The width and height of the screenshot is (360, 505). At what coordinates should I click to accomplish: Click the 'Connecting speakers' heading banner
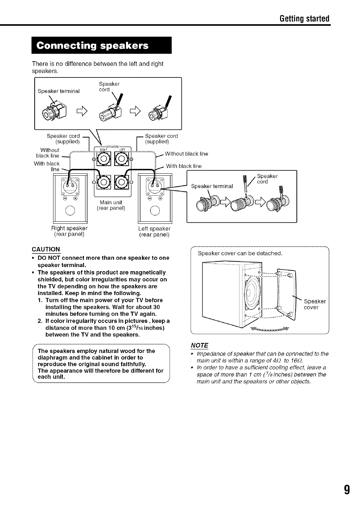pyautogui.click(x=101, y=46)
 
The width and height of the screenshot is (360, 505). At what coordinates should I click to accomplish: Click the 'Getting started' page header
pyautogui.click(x=304, y=18)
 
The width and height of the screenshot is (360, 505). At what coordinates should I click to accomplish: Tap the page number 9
pyautogui.click(x=346, y=490)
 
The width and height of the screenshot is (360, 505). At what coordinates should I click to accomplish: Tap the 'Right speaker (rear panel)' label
pyautogui.click(x=69, y=231)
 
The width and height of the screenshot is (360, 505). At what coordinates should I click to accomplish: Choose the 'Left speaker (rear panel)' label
pyautogui.click(x=154, y=232)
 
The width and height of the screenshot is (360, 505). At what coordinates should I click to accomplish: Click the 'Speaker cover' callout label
pyautogui.click(x=314, y=304)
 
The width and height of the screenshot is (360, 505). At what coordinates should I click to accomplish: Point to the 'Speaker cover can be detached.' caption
pyautogui.click(x=240, y=253)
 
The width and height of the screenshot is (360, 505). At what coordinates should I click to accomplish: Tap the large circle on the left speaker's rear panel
pyautogui.click(x=154, y=210)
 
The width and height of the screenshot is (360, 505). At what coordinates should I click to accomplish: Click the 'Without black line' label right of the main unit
pyautogui.click(x=186, y=154)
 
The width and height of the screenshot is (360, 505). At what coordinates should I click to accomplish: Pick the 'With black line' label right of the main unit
pyautogui.click(x=183, y=166)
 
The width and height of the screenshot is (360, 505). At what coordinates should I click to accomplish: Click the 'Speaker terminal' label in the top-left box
pyautogui.click(x=58, y=91)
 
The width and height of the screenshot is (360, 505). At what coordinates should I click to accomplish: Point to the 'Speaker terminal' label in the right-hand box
pyautogui.click(x=212, y=186)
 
